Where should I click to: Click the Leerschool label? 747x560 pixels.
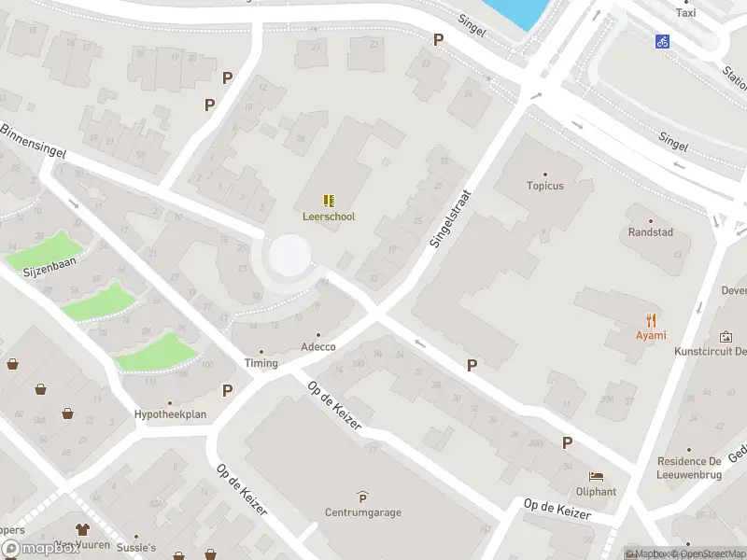[x=328, y=217]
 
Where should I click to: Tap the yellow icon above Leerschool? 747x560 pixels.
[x=328, y=201]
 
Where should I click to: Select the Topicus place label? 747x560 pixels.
[x=544, y=186]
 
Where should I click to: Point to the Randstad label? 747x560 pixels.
[x=650, y=232]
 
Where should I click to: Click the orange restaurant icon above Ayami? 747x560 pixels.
[x=651, y=320]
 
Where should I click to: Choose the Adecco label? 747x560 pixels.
[x=317, y=347]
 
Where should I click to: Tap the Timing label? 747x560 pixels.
[x=261, y=363]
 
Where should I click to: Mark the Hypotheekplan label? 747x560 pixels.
[x=170, y=414]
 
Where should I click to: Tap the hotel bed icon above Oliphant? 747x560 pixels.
[x=595, y=476]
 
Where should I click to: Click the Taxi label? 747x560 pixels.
[x=685, y=13]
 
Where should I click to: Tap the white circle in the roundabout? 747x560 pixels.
[x=289, y=255]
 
